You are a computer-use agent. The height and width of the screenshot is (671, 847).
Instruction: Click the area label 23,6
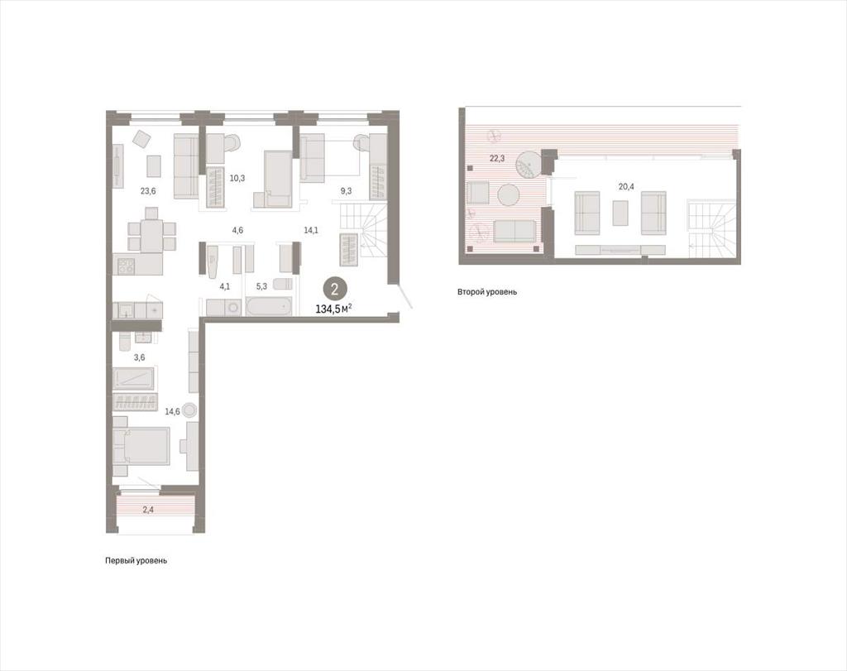click(148, 190)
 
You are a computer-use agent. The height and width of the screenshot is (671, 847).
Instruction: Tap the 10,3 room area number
click(237, 178)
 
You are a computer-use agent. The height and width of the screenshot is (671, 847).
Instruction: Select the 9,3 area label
click(347, 191)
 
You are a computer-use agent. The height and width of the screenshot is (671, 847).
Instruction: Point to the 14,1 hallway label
click(311, 230)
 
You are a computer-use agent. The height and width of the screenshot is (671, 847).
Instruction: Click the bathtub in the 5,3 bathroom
click(269, 307)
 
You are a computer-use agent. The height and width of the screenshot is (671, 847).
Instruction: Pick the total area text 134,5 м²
click(334, 309)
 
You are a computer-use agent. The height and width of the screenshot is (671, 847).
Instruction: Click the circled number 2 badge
click(334, 289)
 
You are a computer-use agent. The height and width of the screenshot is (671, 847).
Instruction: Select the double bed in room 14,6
click(141, 446)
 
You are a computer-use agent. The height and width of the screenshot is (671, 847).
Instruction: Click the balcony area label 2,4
click(149, 509)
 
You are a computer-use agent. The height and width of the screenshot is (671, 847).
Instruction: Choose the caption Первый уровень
click(136, 561)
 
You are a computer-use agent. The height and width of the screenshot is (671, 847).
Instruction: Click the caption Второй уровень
click(487, 292)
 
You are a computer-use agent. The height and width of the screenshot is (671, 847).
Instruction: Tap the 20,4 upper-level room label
click(627, 186)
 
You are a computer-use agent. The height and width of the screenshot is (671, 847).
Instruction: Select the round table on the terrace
click(509, 195)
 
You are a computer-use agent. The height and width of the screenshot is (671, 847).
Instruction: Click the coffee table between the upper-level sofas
click(620, 213)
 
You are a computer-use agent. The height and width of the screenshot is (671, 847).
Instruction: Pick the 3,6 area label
click(139, 357)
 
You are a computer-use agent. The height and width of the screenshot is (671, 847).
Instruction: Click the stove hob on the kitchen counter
click(126, 266)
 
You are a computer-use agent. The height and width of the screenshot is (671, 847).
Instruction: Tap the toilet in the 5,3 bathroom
click(283, 284)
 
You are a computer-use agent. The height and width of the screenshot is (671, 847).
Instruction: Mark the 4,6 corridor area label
click(237, 230)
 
